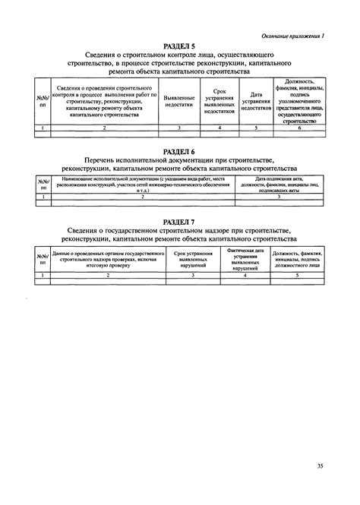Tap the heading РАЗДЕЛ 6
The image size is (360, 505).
179,151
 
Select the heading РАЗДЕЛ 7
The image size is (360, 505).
179,221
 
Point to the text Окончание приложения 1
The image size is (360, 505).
292,36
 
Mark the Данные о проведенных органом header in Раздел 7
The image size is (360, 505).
108,260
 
